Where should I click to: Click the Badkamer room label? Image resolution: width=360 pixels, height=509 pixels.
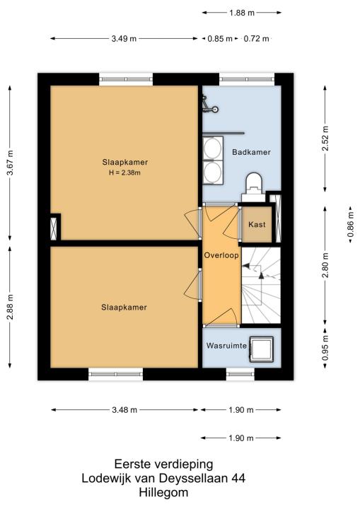point(251,152)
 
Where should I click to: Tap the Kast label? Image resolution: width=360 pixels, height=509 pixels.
point(257,224)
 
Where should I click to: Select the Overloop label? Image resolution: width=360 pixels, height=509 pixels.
point(221,255)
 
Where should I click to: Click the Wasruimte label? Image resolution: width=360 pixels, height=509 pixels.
point(226,346)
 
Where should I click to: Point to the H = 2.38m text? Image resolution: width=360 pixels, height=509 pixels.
point(124,172)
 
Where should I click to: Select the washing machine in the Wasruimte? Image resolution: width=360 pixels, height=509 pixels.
point(261,349)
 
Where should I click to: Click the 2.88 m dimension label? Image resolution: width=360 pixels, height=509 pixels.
point(10,307)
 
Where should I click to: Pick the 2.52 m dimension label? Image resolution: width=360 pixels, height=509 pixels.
point(325,139)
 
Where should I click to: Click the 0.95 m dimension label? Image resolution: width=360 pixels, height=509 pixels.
point(325,348)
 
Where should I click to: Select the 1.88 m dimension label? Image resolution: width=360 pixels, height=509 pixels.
point(242,13)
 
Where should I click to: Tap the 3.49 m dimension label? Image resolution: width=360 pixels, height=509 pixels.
point(124,39)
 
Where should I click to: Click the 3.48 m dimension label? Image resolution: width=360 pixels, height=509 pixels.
point(124,410)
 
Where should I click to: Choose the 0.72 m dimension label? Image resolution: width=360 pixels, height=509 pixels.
point(256,39)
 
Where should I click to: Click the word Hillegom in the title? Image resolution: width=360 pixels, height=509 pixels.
point(163,493)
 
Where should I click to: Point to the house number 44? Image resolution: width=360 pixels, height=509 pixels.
point(238,478)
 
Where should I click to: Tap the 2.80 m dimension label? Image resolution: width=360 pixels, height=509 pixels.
point(325,265)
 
